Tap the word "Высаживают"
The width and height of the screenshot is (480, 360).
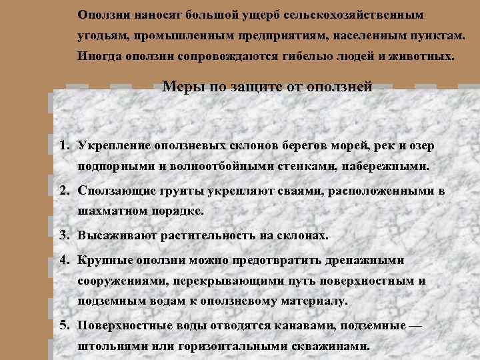tap(115, 235)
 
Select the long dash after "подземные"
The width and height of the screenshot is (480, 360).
tap(415, 325)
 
